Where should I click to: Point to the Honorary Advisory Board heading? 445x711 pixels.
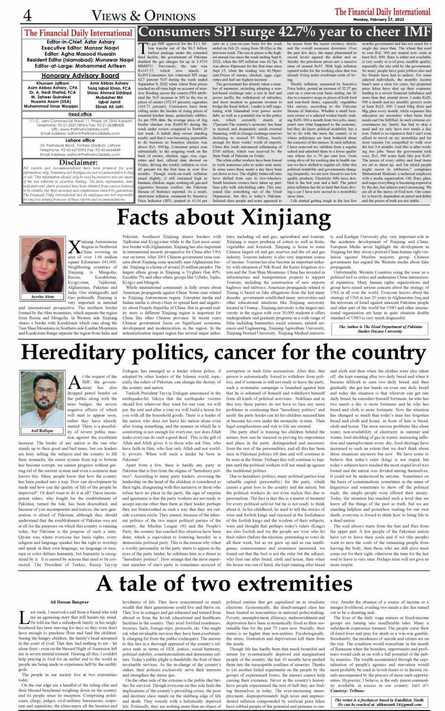(80, 75)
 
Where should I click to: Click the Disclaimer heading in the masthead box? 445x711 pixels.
(78, 162)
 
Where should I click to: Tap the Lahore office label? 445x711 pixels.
(80, 140)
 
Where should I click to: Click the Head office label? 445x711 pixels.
(80, 114)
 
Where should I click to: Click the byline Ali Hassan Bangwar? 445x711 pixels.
(69, 602)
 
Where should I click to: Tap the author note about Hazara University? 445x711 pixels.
(380, 329)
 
